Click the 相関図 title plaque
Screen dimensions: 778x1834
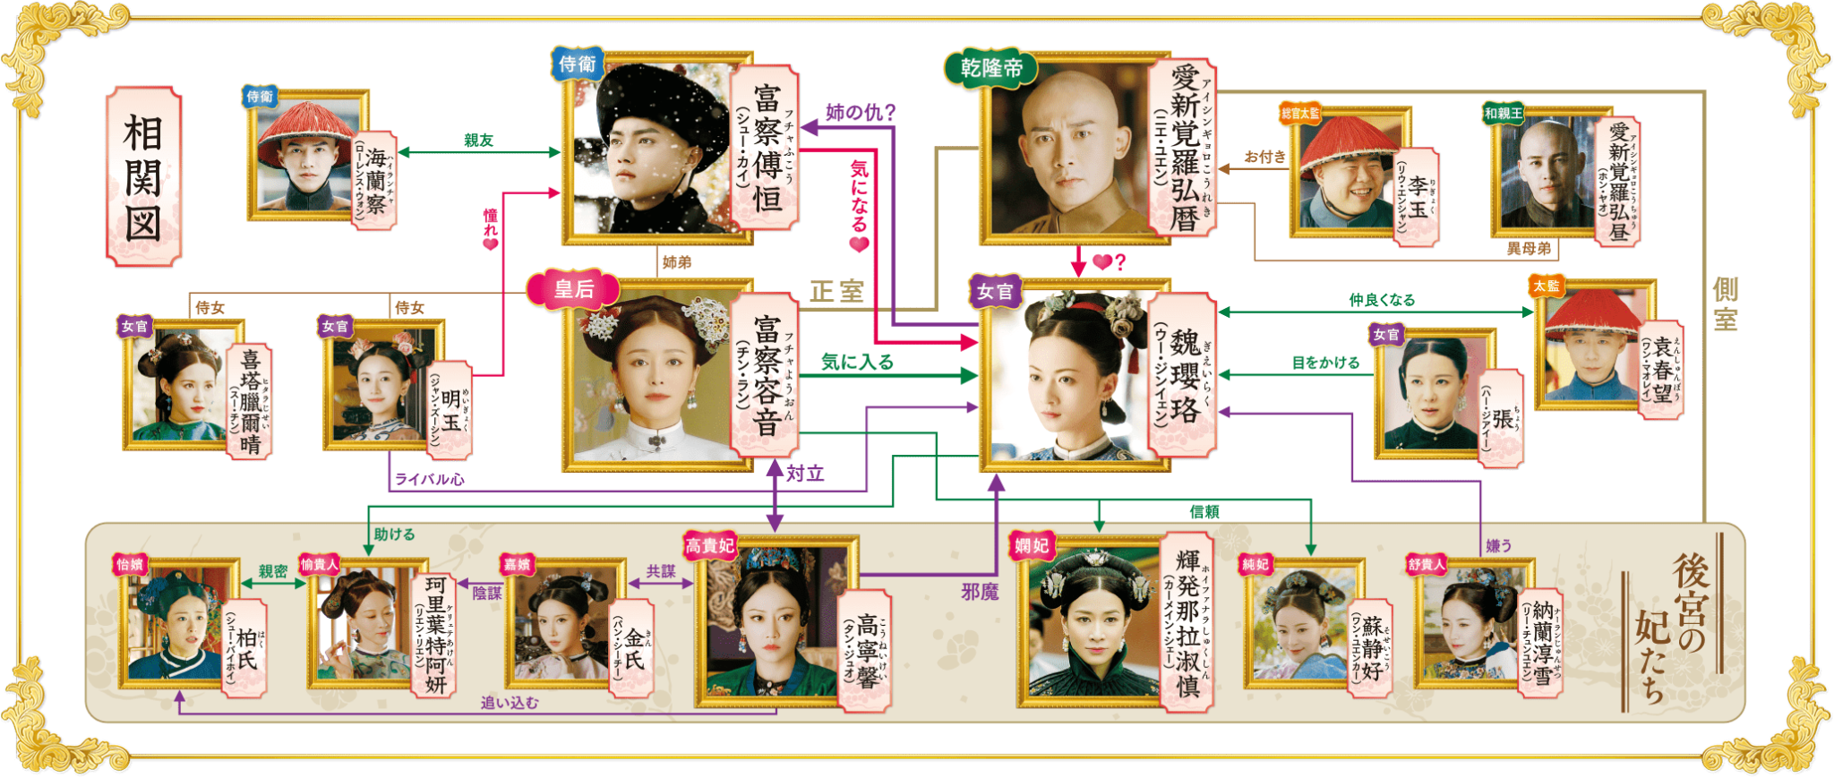click(x=143, y=176)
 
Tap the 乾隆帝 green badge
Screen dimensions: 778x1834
click(x=990, y=68)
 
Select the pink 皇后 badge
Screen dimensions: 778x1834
click(x=573, y=289)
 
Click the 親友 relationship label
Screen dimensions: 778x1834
click(x=478, y=140)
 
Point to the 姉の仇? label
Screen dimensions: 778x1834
click(x=860, y=112)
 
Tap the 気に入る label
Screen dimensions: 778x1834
click(x=857, y=362)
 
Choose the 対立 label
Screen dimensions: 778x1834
click(x=804, y=474)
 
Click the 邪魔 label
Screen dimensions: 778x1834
click(x=980, y=591)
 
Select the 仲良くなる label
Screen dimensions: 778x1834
click(x=1381, y=300)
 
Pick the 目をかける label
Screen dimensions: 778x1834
click(x=1324, y=362)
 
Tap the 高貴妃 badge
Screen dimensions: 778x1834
click(x=709, y=545)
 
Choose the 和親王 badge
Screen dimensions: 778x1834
click(x=1503, y=113)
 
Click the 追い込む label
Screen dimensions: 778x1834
click(x=509, y=703)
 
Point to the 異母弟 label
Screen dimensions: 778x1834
click(x=1528, y=248)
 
